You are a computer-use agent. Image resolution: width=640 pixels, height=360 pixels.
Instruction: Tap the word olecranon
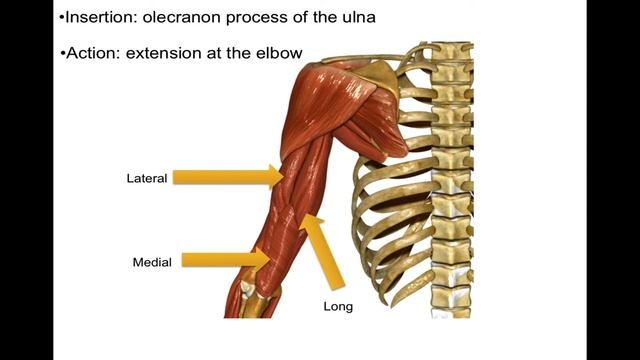point(186,17)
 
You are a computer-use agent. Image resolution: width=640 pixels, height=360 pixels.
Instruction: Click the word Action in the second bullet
point(91,52)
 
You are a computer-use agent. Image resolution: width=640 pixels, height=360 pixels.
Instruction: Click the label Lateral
point(146,178)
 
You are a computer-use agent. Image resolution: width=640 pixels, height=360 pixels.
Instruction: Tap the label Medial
point(152,262)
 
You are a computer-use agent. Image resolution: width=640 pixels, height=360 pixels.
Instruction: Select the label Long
point(338,306)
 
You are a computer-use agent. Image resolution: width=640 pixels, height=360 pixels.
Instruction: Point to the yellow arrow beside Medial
point(225,260)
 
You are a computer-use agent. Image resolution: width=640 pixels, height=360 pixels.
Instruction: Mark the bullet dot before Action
point(62,53)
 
